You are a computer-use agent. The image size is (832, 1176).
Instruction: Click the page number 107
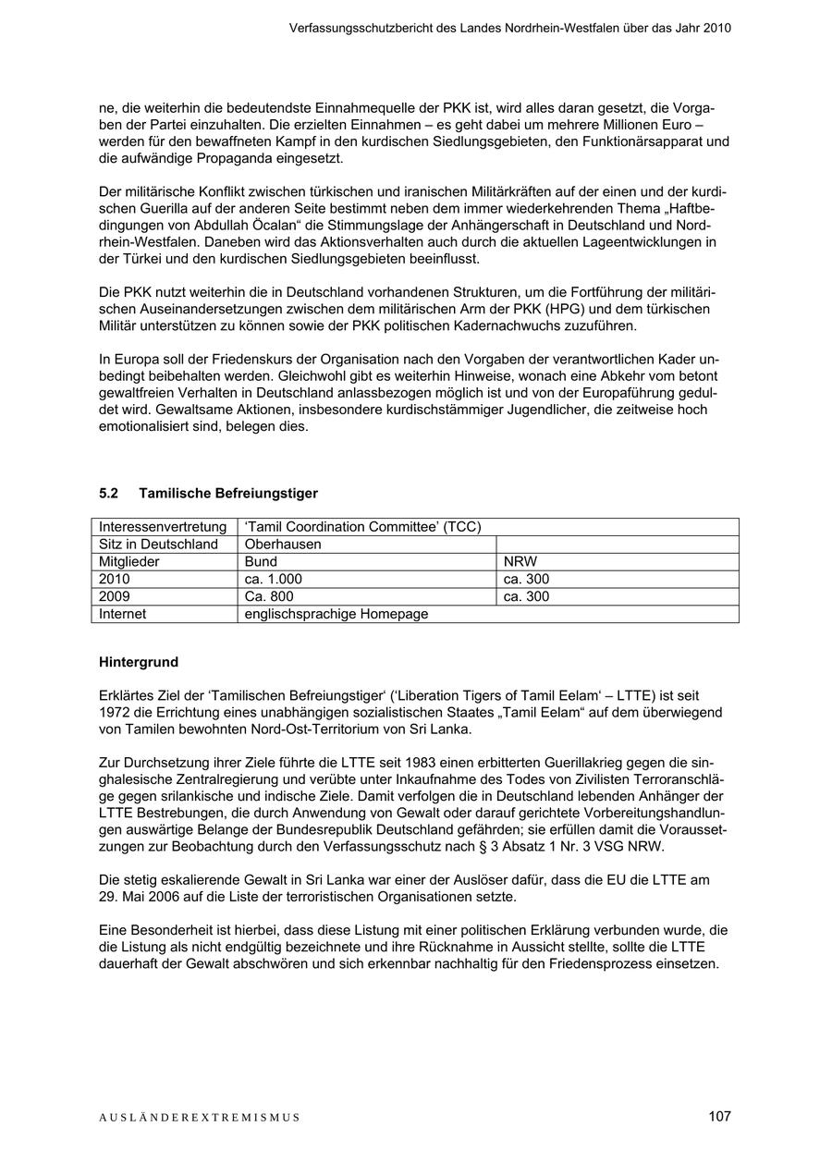click(719, 1116)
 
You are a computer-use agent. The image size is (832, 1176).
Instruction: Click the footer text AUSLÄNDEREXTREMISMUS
click(200, 1118)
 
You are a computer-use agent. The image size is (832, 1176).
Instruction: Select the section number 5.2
click(108, 494)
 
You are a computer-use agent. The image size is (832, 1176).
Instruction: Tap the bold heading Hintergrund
click(139, 662)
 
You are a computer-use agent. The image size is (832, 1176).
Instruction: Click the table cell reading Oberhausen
click(283, 545)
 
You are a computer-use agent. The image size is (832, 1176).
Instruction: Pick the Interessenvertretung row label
click(163, 527)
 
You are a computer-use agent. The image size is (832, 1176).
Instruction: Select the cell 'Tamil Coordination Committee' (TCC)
click(363, 527)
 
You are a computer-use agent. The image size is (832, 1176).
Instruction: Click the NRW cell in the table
click(520, 561)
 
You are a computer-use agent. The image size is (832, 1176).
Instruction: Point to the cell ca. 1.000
click(274, 579)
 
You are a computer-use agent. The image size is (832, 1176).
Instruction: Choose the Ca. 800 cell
click(269, 596)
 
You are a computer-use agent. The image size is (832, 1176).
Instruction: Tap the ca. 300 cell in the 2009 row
click(526, 596)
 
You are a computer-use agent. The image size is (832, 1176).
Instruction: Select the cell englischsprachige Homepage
click(336, 614)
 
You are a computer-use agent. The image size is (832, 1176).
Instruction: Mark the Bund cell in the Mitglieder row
click(261, 561)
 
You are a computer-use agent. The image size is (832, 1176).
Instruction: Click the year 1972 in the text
click(115, 712)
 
